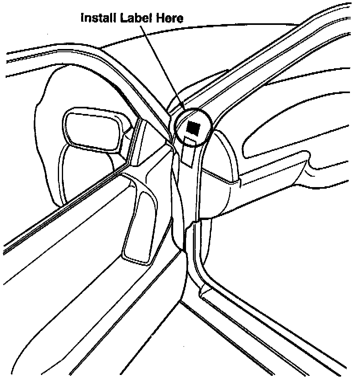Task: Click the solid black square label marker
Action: tap(194, 127)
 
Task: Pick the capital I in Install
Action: tap(83, 18)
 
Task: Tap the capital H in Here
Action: tap(157, 18)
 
